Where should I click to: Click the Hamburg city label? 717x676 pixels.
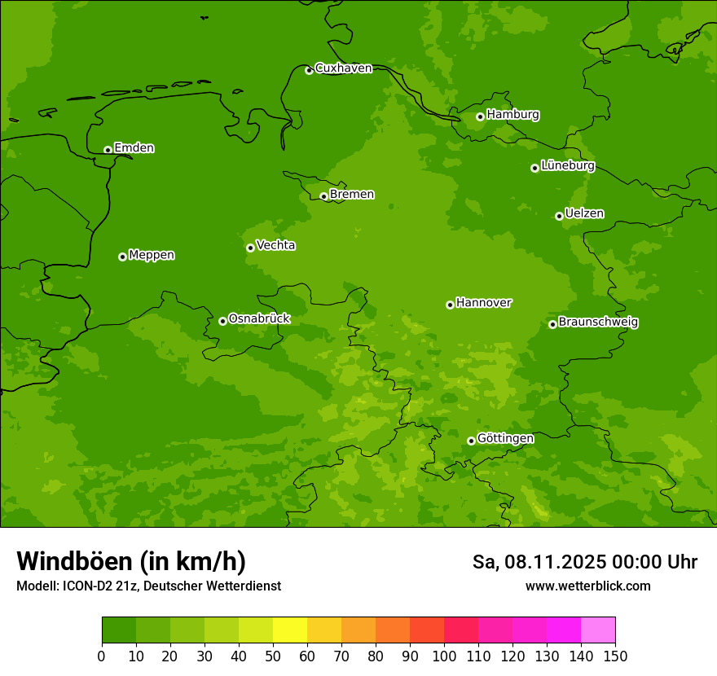pos(512,115)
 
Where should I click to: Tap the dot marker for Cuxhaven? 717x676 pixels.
pos(309,70)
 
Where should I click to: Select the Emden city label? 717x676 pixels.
pos(134,148)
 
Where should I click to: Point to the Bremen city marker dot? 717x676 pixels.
pos(323,196)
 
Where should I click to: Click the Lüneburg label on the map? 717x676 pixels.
pos(567,166)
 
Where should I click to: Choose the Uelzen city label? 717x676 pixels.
pos(584,214)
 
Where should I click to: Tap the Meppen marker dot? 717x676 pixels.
pos(122,257)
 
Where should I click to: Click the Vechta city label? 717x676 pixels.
pos(275,245)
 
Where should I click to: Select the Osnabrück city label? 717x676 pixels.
pos(259,319)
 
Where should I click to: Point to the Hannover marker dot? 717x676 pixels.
pos(450,305)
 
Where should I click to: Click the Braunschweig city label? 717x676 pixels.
pos(598,323)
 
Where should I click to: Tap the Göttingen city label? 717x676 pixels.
pos(505,439)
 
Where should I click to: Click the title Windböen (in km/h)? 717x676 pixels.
pos(131,561)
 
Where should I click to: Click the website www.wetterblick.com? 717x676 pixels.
pos(587,586)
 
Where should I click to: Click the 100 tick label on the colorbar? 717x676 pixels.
pos(444,656)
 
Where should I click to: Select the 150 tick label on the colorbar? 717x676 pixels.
pos(615,656)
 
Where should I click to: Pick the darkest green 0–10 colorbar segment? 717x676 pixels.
pos(119,630)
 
